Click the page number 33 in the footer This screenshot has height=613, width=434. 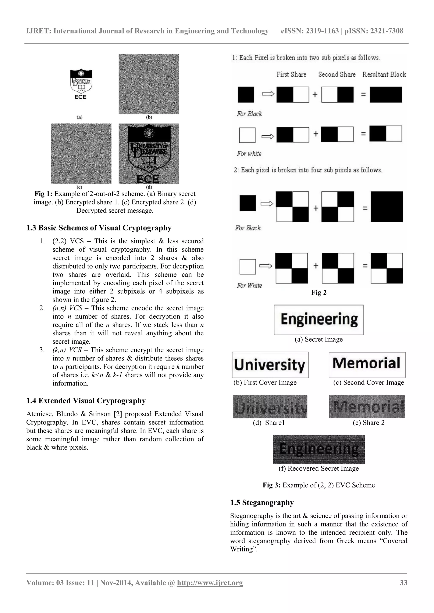[x=403, y=583]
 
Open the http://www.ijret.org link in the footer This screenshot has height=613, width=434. [x=210, y=583]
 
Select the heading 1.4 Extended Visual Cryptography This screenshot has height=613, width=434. [x=86, y=401]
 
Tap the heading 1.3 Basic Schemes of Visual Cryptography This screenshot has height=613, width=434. [x=99, y=228]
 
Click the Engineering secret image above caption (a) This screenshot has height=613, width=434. [x=319, y=320]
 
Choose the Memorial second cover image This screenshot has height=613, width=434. [x=367, y=365]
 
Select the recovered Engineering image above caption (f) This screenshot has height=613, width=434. [x=319, y=449]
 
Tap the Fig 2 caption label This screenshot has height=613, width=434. [x=319, y=293]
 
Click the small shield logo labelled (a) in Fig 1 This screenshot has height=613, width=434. [x=81, y=85]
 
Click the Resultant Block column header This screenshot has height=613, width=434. [x=384, y=74]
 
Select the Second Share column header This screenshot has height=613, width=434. [x=337, y=74]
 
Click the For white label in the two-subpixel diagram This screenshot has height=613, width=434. [x=249, y=154]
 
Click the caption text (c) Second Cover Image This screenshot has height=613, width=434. [x=369, y=382]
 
